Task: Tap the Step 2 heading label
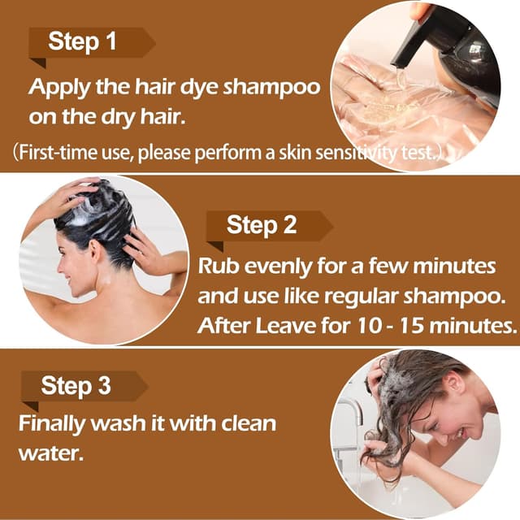262,224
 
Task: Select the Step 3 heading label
76,385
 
